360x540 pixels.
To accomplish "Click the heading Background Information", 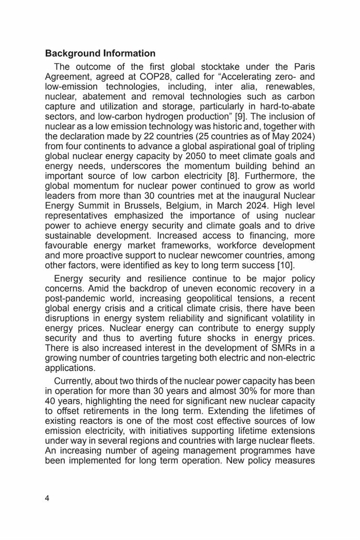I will [x=100, y=53].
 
